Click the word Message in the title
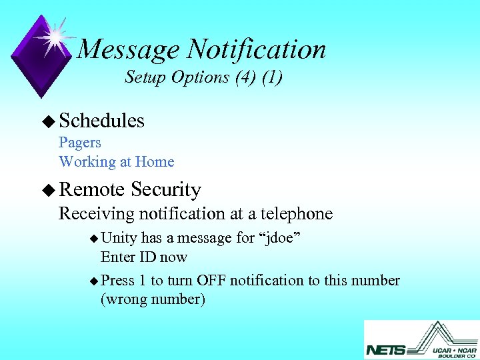point(128,49)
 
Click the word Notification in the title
point(257,49)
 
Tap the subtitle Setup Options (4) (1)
point(203,77)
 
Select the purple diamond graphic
point(42,57)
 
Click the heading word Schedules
point(101,121)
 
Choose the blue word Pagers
point(80,143)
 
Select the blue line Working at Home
point(116,162)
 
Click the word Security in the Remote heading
point(166,190)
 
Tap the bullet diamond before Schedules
point(47,121)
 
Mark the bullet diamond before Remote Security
point(47,191)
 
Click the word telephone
point(293,214)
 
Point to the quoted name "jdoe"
point(283,238)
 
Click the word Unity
point(119,238)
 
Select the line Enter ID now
point(143,257)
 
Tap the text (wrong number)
point(153,299)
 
